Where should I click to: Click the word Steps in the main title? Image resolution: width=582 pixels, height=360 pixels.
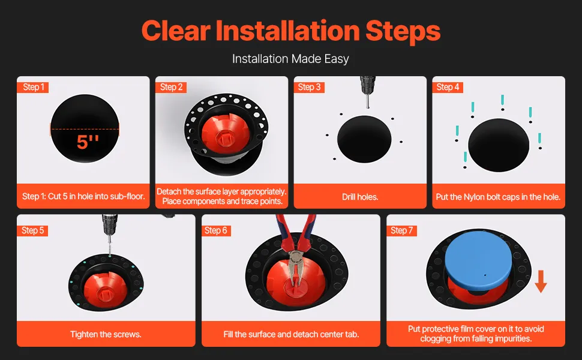403,31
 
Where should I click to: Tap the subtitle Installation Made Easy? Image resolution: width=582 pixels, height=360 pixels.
290,59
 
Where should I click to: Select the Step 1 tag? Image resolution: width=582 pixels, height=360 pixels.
33,87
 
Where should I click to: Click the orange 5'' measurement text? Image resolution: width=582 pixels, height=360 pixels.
88,142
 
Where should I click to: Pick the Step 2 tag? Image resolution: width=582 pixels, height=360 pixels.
171,87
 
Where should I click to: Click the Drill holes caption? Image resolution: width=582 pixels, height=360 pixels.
360,197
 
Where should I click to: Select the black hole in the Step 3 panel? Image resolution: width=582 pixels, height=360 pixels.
364,139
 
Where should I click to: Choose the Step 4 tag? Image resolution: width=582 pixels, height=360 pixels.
448,87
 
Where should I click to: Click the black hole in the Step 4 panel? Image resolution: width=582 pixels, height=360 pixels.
499,145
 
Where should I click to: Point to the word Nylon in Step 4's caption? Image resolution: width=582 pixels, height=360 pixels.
473,197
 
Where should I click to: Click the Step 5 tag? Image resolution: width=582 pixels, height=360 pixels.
32,230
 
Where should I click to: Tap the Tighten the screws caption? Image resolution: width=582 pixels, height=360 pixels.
106,334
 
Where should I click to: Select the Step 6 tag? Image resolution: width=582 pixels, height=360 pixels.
215,230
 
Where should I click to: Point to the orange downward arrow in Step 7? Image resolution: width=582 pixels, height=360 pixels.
541,281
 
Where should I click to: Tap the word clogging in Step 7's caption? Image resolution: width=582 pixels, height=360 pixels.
437,338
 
